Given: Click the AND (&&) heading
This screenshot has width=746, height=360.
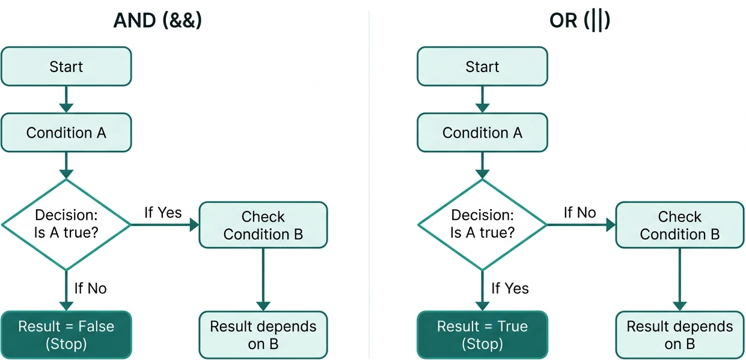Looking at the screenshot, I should click(157, 21).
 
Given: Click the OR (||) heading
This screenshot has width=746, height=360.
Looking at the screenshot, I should click(579, 21).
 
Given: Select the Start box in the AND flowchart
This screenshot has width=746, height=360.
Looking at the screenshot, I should click(66, 67).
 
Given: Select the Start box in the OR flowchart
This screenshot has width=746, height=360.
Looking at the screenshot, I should click(482, 67).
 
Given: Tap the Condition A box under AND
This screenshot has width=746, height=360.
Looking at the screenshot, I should click(66, 132).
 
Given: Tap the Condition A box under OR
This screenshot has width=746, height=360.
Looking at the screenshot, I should click(482, 132).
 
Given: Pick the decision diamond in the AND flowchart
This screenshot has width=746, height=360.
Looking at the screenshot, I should click(66, 224).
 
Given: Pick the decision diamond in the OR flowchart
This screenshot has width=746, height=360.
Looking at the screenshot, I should click(482, 224).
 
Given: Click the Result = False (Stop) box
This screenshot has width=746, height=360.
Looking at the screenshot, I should click(66, 335).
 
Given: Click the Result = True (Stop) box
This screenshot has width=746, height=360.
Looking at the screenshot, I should click(482, 335).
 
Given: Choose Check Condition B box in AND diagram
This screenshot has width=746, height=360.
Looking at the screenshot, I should click(263, 225).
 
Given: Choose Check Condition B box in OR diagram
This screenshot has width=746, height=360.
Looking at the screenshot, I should click(679, 225).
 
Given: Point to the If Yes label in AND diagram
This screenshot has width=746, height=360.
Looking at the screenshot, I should click(162, 212).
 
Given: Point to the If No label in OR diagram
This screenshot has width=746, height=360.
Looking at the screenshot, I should click(579, 212).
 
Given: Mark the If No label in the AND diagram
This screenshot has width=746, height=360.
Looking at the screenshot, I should click(90, 288).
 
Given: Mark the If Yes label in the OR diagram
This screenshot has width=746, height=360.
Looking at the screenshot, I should click(510, 288).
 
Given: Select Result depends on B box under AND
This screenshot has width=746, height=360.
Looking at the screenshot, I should click(263, 335).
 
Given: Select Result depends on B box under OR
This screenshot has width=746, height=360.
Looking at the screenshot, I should click(679, 335).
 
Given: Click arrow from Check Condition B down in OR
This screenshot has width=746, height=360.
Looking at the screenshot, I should click(679, 279).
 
